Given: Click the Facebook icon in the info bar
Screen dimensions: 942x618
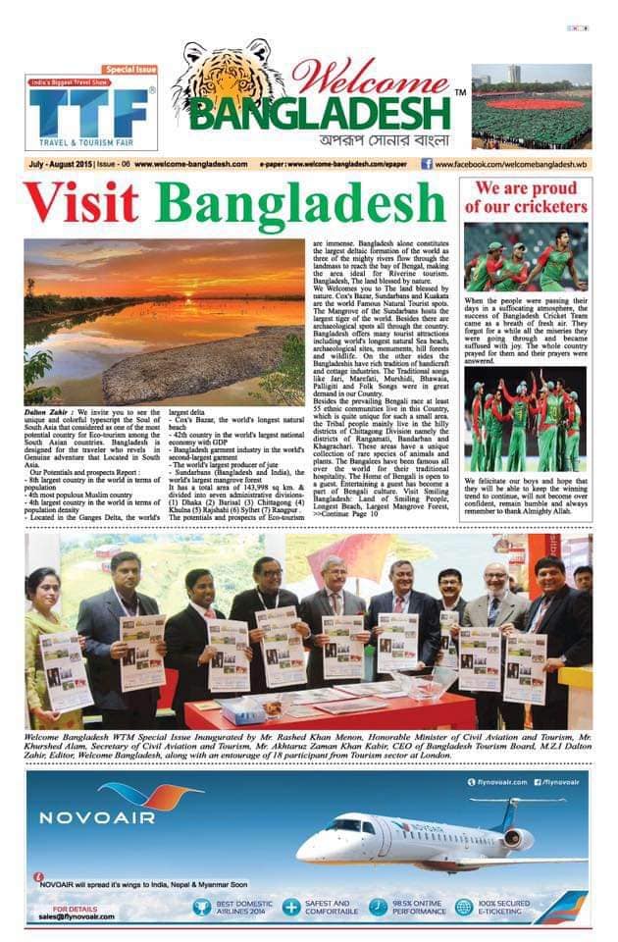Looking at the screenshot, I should click(x=427, y=164).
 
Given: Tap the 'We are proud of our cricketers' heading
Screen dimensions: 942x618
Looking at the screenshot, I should click(x=528, y=197).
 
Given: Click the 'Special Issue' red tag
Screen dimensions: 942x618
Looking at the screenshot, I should click(x=130, y=70).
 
